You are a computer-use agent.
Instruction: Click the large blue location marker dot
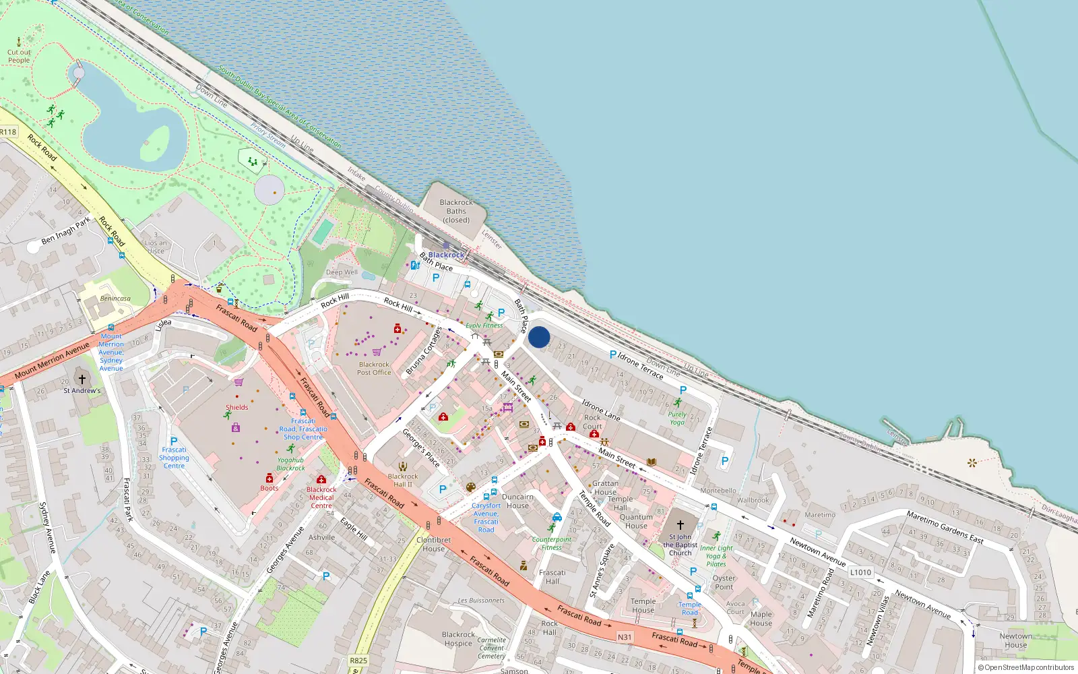pos(539,337)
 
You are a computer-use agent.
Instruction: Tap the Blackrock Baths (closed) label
pos(456,211)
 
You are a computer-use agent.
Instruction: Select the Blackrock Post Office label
pos(374,368)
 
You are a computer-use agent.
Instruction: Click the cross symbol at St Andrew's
pos(82,379)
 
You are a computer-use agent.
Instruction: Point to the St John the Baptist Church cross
pos(680,524)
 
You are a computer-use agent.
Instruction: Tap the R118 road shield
pos(8,132)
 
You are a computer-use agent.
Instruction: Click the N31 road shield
pos(625,637)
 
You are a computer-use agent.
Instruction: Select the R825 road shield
pos(358,661)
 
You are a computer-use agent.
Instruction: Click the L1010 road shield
pos(860,572)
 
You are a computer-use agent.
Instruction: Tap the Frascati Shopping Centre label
pos(174,458)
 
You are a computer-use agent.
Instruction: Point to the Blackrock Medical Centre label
pos(321,497)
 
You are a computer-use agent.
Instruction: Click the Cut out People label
pos(19,56)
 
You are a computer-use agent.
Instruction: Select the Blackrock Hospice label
pos(458,639)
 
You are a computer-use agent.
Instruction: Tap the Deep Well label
pos(342,272)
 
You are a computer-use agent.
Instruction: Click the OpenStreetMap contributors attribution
pos(1026,667)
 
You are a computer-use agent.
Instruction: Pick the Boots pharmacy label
pos(269,488)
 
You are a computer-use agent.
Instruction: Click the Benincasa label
pos(115,299)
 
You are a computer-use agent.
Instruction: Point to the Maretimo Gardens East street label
pos(944,526)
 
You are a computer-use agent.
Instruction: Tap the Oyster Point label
pos(724,582)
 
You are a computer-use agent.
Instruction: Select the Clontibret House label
pos(434,544)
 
